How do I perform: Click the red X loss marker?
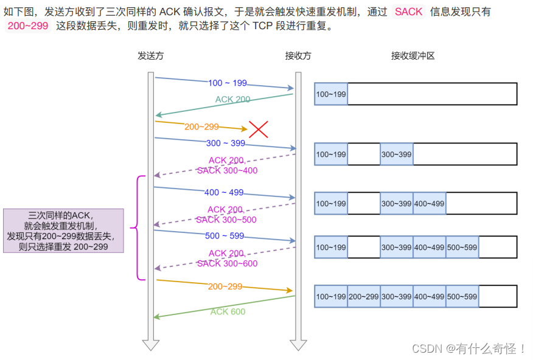pos(259,129)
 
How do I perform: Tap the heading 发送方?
pos(151,56)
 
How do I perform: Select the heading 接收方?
pos(298,56)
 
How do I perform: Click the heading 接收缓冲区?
pos(413,56)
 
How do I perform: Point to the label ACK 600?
pos(228,311)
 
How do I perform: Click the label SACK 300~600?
pos(227,263)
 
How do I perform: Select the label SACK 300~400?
pos(227,170)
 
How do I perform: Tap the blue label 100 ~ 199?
pos(228,83)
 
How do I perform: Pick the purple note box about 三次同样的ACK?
pos(63,231)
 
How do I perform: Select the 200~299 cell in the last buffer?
pos(364,296)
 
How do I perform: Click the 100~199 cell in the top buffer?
pos(331,94)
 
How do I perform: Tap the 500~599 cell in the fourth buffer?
pos(462,247)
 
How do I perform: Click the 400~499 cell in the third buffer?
pos(429,203)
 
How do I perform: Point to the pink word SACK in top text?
pos(408,12)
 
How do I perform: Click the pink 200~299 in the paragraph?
pos(27,26)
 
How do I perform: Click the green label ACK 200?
pos(232,99)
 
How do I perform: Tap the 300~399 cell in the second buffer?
pos(396,154)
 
